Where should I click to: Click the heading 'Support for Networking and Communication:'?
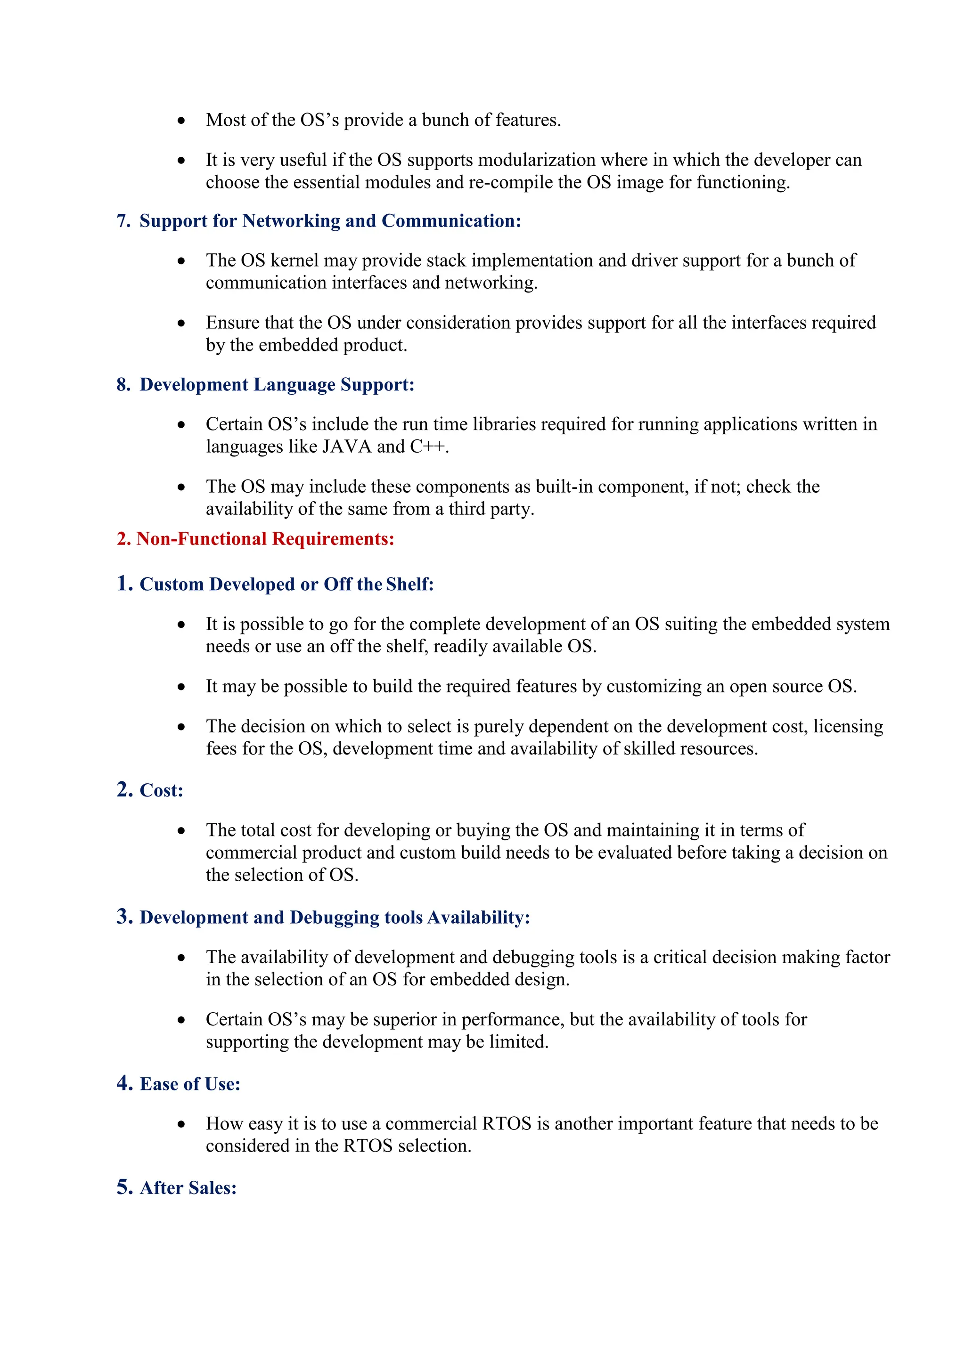coord(330,221)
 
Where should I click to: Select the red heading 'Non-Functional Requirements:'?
coord(265,539)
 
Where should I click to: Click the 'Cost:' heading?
coord(161,791)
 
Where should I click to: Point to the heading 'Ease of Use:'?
coord(189,1084)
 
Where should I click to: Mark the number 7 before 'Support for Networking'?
coord(123,221)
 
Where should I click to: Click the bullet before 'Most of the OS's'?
coord(181,121)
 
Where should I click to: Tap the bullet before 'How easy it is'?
coord(181,1125)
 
